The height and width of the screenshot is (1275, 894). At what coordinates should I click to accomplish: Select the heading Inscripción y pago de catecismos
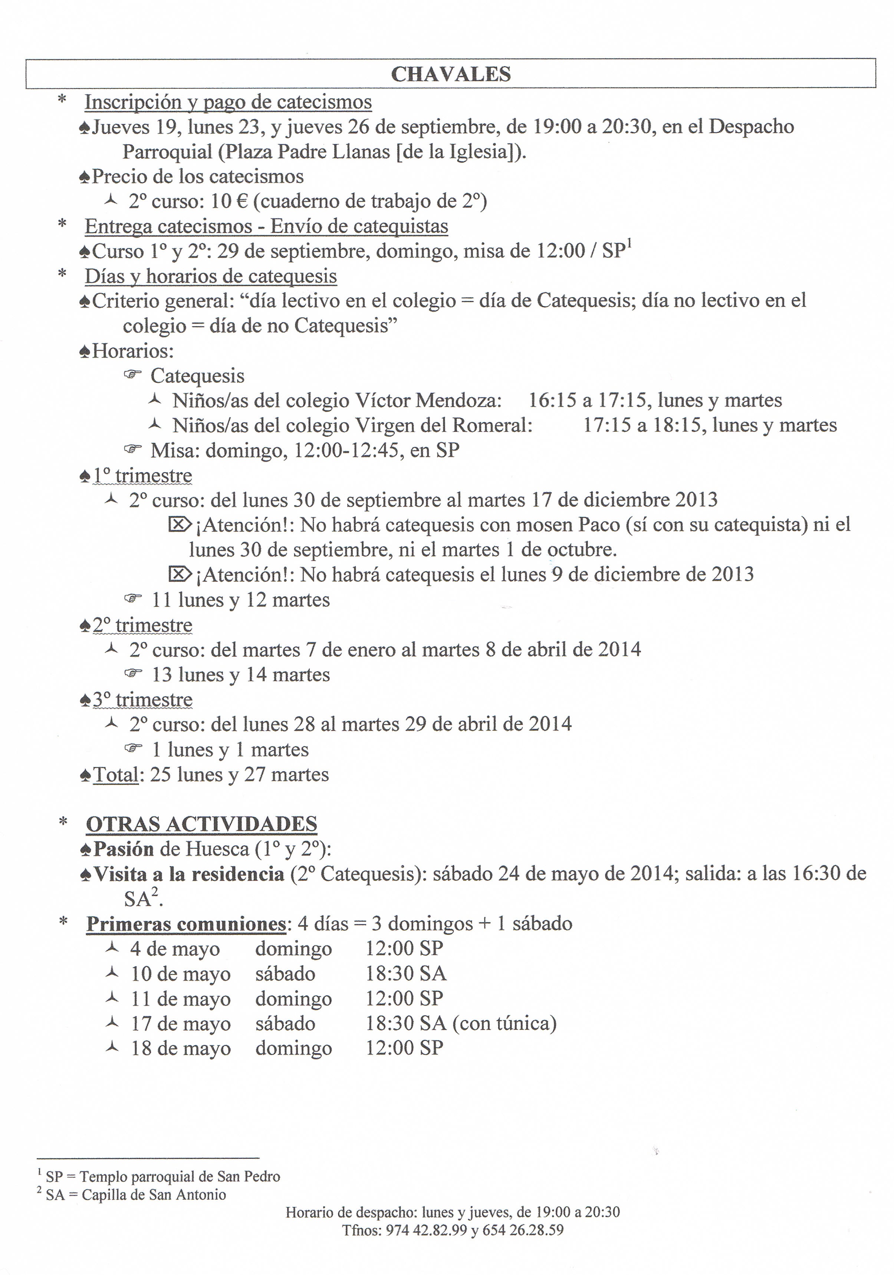pos(228,102)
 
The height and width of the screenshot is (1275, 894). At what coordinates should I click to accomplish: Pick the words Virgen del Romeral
pos(444,425)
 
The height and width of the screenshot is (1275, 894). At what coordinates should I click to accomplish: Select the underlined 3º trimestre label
pos(142,700)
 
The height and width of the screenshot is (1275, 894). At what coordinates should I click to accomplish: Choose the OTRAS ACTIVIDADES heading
pos(201,824)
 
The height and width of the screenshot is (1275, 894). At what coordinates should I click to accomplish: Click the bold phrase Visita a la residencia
pos(189,874)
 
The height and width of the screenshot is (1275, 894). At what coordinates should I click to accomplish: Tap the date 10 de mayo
pos(180,974)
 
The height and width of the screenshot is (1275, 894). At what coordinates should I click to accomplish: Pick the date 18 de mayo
pos(180,1048)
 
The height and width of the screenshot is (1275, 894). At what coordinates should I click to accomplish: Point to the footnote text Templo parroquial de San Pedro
pos(179,1177)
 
